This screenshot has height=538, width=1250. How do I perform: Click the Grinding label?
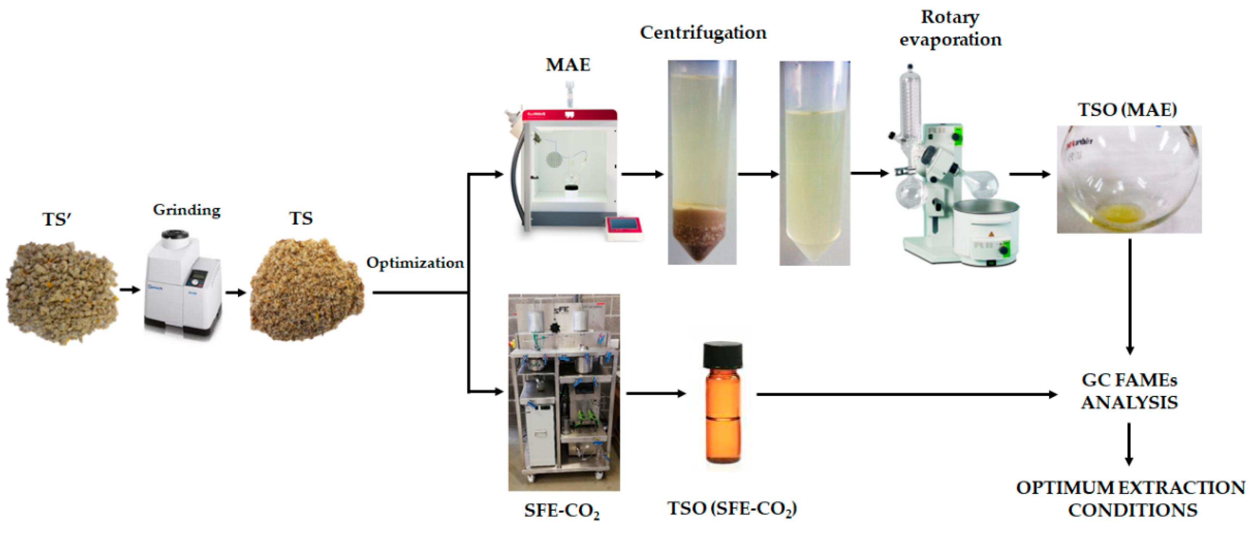[x=187, y=210]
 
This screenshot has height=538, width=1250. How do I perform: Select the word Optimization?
[x=415, y=263]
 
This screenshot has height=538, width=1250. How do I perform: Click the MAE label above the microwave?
[x=568, y=65]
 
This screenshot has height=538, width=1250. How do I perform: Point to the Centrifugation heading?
[x=703, y=33]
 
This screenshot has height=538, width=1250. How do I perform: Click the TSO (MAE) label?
[x=1127, y=110]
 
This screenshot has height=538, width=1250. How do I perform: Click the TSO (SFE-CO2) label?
[x=732, y=509]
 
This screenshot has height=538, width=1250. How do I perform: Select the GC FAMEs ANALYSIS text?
[x=1129, y=391]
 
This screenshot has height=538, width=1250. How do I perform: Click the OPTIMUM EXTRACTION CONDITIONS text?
[x=1131, y=499]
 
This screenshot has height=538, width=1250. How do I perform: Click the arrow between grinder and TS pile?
[x=235, y=293]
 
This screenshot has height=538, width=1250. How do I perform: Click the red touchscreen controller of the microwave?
[x=624, y=227]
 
